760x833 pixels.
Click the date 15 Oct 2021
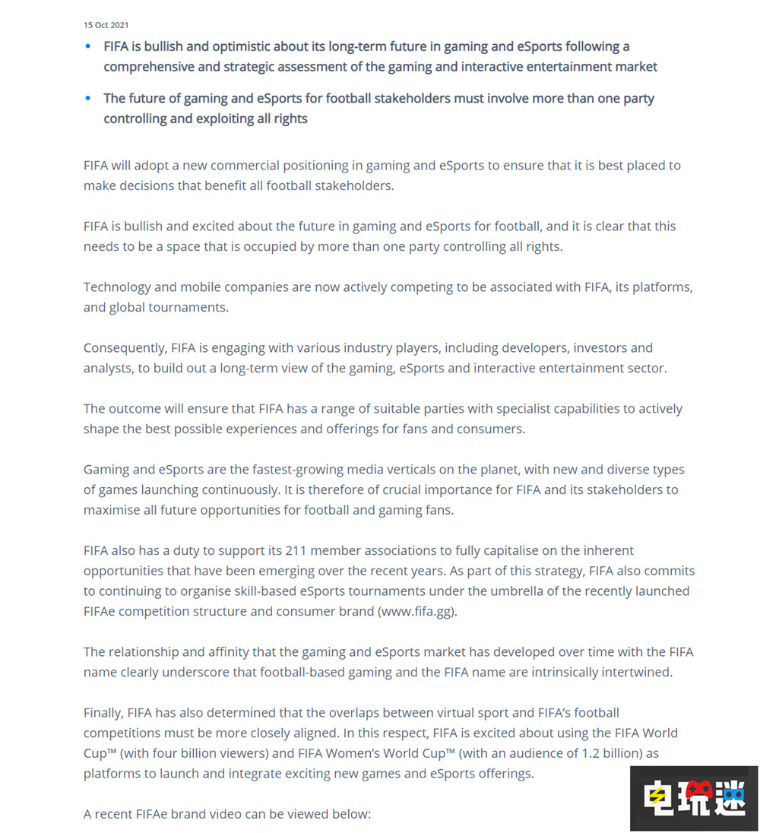coord(106,26)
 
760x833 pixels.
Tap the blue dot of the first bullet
coord(88,46)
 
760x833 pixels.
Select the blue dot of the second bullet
coord(88,98)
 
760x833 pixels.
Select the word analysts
coord(108,368)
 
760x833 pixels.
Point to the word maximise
coord(112,510)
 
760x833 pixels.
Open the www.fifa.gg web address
coord(416,611)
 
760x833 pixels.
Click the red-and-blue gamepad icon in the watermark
coord(694,797)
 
